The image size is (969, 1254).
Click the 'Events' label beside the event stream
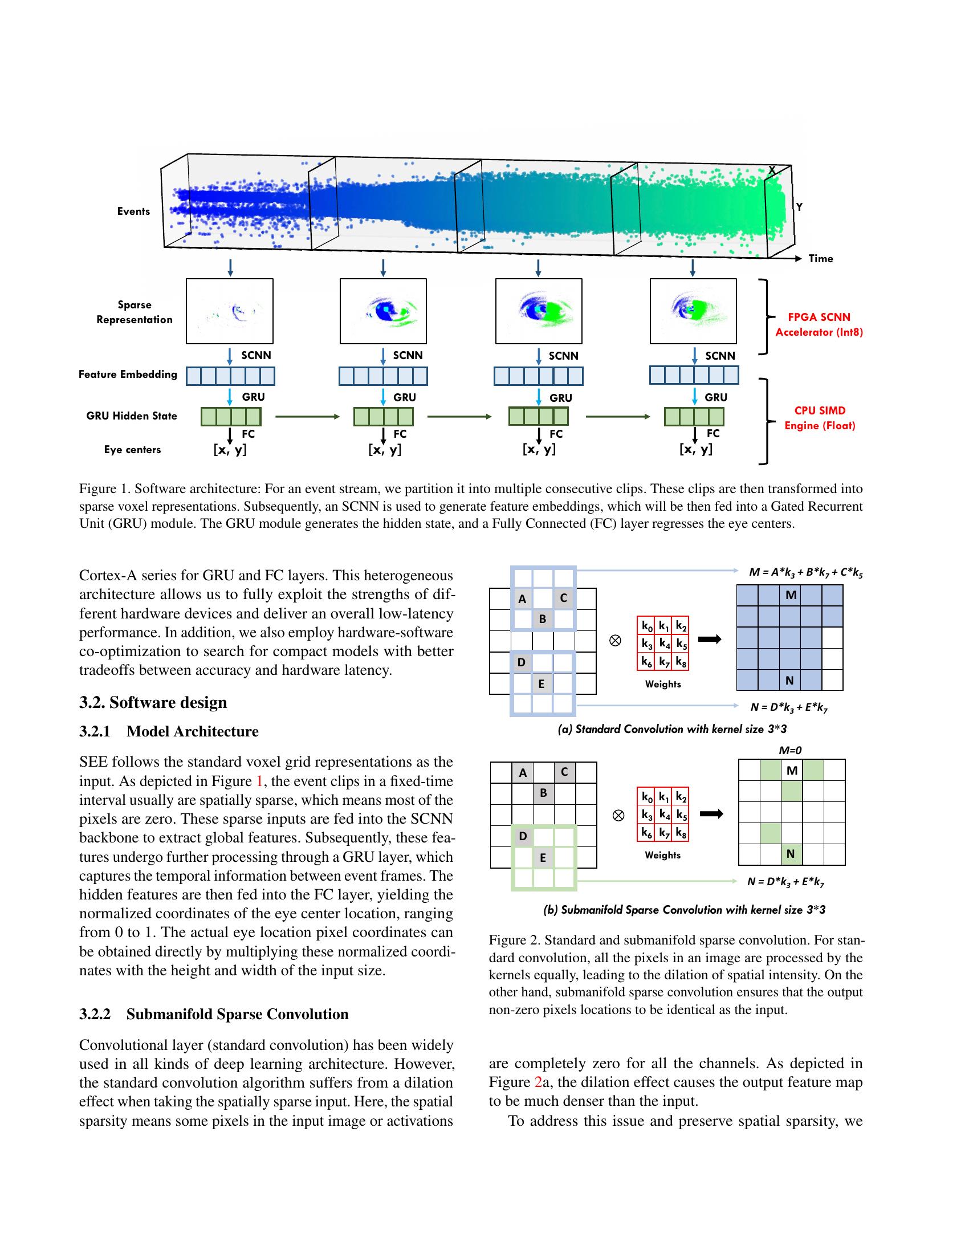[133, 211]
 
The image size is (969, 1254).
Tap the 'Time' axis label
[820, 259]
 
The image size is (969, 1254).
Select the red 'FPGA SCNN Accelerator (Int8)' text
[819, 324]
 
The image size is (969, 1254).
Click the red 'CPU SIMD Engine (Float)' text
[820, 418]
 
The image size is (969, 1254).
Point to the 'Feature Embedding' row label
[128, 374]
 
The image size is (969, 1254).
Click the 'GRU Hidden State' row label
[132, 416]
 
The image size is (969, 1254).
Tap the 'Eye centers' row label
[132, 450]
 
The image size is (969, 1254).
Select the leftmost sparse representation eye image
[230, 311]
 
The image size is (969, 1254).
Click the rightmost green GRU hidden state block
[694, 416]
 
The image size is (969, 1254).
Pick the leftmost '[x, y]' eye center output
[230, 450]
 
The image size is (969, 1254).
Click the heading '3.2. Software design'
[153, 702]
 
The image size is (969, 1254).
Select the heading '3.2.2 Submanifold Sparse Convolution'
[214, 1014]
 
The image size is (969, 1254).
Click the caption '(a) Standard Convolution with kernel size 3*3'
[671, 729]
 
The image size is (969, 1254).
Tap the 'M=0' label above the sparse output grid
[790, 750]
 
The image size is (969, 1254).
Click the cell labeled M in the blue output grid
[791, 596]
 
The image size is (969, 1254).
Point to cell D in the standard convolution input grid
[521, 662]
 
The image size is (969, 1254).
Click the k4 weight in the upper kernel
[663, 643]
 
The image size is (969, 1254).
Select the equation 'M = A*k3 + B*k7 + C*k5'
[805, 572]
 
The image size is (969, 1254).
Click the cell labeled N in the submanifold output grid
[791, 854]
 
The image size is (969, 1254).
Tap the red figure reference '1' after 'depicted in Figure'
[258, 781]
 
